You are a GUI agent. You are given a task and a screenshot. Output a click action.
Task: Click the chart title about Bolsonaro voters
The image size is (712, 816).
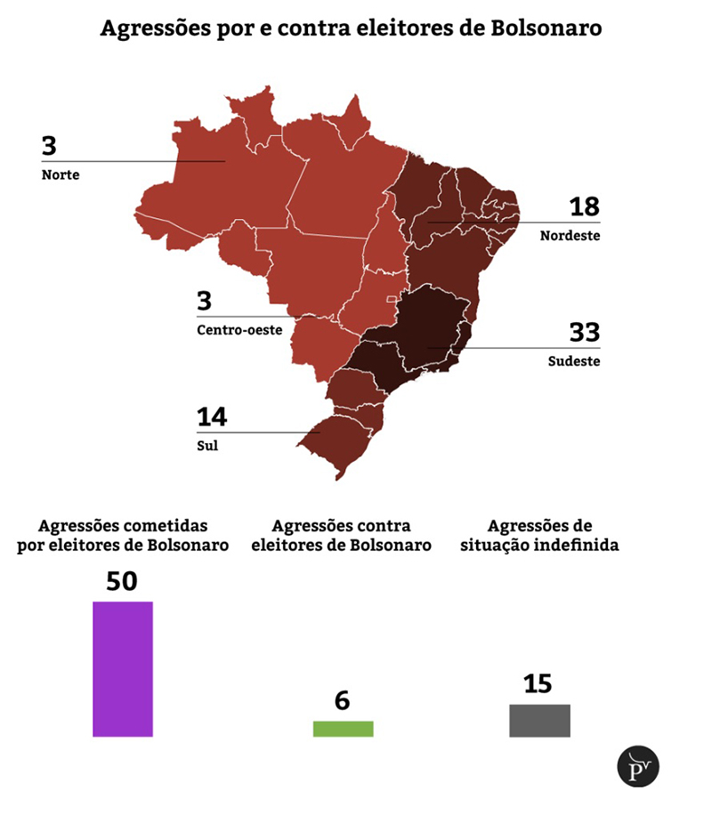click(x=351, y=28)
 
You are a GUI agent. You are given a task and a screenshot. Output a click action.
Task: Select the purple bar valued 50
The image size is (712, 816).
click(x=123, y=669)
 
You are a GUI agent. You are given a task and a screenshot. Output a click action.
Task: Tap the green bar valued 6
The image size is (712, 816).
click(x=343, y=729)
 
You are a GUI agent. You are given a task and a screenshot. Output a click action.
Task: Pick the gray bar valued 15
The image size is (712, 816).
click(x=539, y=721)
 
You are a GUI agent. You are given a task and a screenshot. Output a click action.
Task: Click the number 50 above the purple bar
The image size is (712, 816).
click(x=122, y=580)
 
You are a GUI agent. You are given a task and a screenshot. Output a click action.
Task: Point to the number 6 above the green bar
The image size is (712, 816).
click(x=343, y=700)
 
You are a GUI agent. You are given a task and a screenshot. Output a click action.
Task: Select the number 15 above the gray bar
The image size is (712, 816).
click(x=538, y=683)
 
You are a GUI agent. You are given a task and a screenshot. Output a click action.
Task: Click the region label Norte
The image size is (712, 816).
click(x=61, y=175)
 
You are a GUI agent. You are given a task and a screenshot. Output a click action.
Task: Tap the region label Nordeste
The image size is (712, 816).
click(x=570, y=236)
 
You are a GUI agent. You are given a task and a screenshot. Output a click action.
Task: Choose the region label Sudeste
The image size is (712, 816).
click(x=574, y=361)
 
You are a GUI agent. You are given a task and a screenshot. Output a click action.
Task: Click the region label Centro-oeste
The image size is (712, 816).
click(x=239, y=330)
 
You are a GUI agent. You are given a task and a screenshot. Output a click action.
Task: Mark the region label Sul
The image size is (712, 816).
click(x=207, y=446)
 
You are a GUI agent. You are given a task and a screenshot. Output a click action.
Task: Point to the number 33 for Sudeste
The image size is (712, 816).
click(x=584, y=333)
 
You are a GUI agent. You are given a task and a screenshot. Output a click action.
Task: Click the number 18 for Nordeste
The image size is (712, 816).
click(x=584, y=207)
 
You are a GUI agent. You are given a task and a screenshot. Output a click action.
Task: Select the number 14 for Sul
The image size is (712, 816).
click(x=212, y=416)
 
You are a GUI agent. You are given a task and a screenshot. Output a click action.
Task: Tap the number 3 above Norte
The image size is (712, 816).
click(x=49, y=146)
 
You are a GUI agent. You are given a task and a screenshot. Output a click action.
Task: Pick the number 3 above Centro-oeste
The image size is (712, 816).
click(x=205, y=301)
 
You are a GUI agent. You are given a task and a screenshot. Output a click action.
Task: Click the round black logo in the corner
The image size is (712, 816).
click(x=638, y=766)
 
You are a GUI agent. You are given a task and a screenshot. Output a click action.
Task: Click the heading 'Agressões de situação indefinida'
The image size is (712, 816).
click(x=540, y=536)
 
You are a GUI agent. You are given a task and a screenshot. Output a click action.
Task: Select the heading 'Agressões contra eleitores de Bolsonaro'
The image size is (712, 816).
click(x=342, y=536)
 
